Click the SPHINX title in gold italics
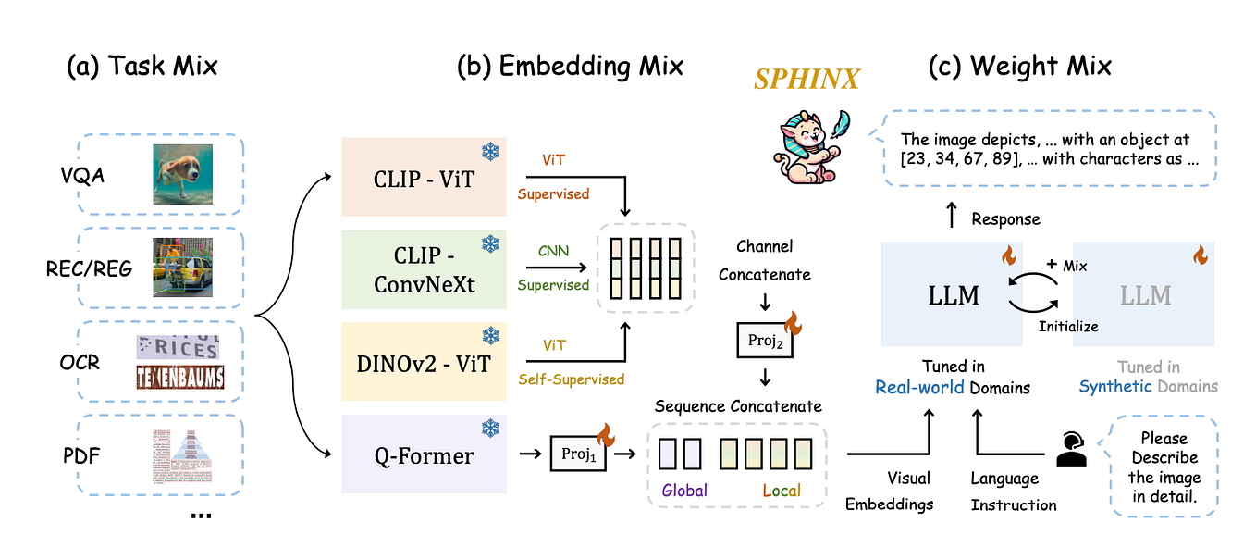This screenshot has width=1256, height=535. (x=806, y=80)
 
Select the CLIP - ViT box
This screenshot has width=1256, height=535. (x=424, y=177)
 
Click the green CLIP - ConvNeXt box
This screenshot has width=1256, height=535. (x=424, y=269)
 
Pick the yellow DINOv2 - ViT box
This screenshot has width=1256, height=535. (x=424, y=362)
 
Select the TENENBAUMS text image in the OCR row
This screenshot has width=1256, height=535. (x=179, y=378)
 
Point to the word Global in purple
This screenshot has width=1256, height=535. (x=684, y=491)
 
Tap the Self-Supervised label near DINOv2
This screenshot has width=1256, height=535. (x=570, y=379)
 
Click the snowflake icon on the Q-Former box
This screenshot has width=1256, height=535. (x=490, y=428)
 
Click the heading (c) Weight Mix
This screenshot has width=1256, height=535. (x=1019, y=66)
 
